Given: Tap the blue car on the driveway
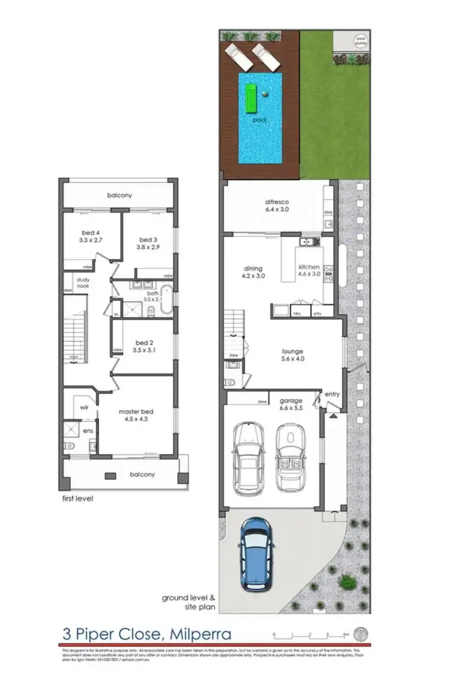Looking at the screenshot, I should (255, 553).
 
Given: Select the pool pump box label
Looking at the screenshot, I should (361, 41).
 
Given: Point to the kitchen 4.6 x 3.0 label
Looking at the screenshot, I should (309, 271).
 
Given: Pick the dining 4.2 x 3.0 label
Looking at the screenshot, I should (253, 272).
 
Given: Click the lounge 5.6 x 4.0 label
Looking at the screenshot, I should (293, 355).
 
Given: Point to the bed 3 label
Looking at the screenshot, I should (148, 243).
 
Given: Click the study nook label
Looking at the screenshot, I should (83, 283).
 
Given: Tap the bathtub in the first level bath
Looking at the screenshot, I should (166, 302).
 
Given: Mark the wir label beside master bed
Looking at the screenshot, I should (86, 408).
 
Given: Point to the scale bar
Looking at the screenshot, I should (310, 635).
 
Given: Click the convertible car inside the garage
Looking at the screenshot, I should (289, 457).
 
